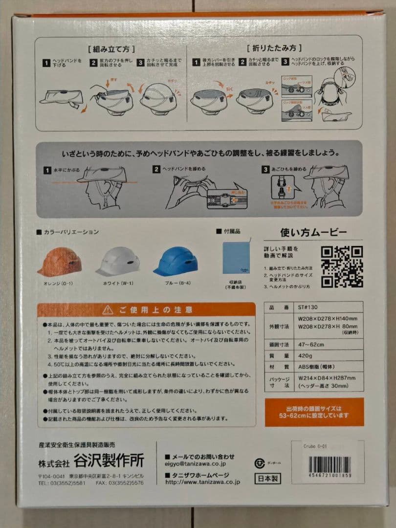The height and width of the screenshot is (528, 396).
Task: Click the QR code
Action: [342, 266]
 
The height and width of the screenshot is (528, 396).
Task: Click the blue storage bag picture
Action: [237, 257]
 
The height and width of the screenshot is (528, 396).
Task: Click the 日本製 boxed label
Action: [267, 478]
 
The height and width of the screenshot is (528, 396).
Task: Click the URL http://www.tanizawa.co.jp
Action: [202, 482]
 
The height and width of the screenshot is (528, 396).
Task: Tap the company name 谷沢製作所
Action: [109, 461]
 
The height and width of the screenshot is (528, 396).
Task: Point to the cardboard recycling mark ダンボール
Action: [260, 463]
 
